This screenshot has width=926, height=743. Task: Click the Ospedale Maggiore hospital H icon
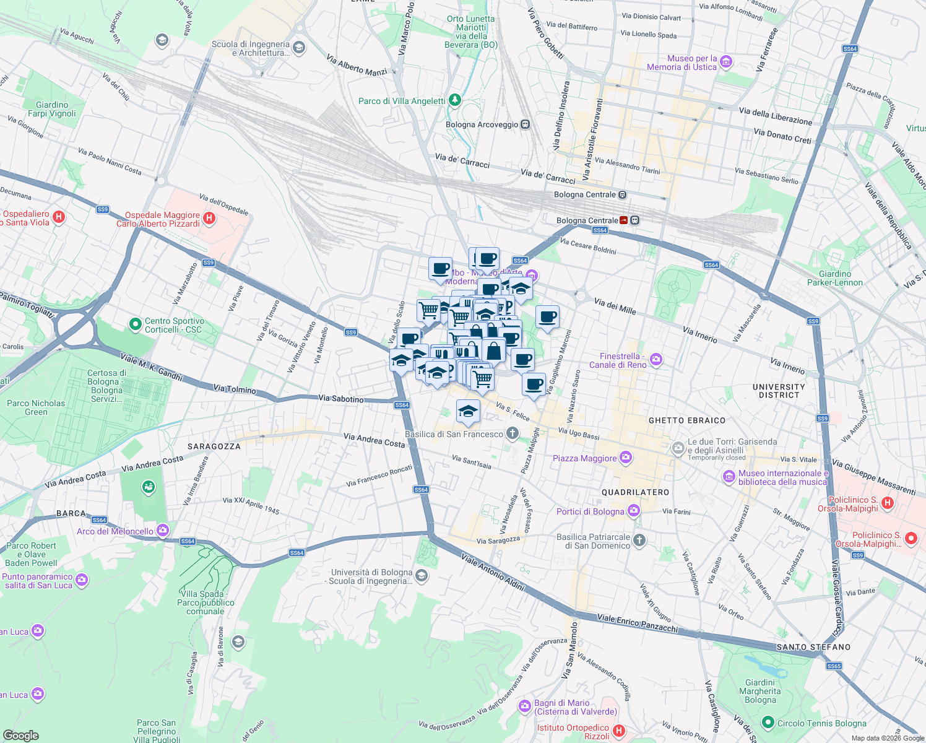tap(209, 218)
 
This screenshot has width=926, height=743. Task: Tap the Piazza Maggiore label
tap(584, 458)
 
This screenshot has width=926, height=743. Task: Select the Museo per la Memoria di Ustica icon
tap(726, 62)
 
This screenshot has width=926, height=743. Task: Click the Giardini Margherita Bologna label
tap(759, 691)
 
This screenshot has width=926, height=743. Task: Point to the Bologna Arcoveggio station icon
tap(525, 124)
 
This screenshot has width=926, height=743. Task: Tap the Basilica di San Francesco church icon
tap(512, 433)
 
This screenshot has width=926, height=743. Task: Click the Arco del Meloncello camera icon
tap(163, 530)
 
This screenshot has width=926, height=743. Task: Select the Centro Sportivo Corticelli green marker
tap(135, 324)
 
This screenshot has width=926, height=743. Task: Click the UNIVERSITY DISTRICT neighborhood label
tap(779, 391)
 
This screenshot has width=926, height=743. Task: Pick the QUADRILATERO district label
tap(635, 492)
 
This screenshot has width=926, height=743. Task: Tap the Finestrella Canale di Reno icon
tap(656, 359)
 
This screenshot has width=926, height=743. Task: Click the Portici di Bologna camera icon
tap(633, 511)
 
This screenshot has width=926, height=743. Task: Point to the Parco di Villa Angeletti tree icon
tap(455, 100)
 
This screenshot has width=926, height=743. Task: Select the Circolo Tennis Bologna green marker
tap(768, 723)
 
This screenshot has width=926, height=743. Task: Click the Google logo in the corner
tap(20, 735)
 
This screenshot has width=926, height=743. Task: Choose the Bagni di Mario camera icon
tap(525, 706)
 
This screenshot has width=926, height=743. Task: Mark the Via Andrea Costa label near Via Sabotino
tap(374, 440)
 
